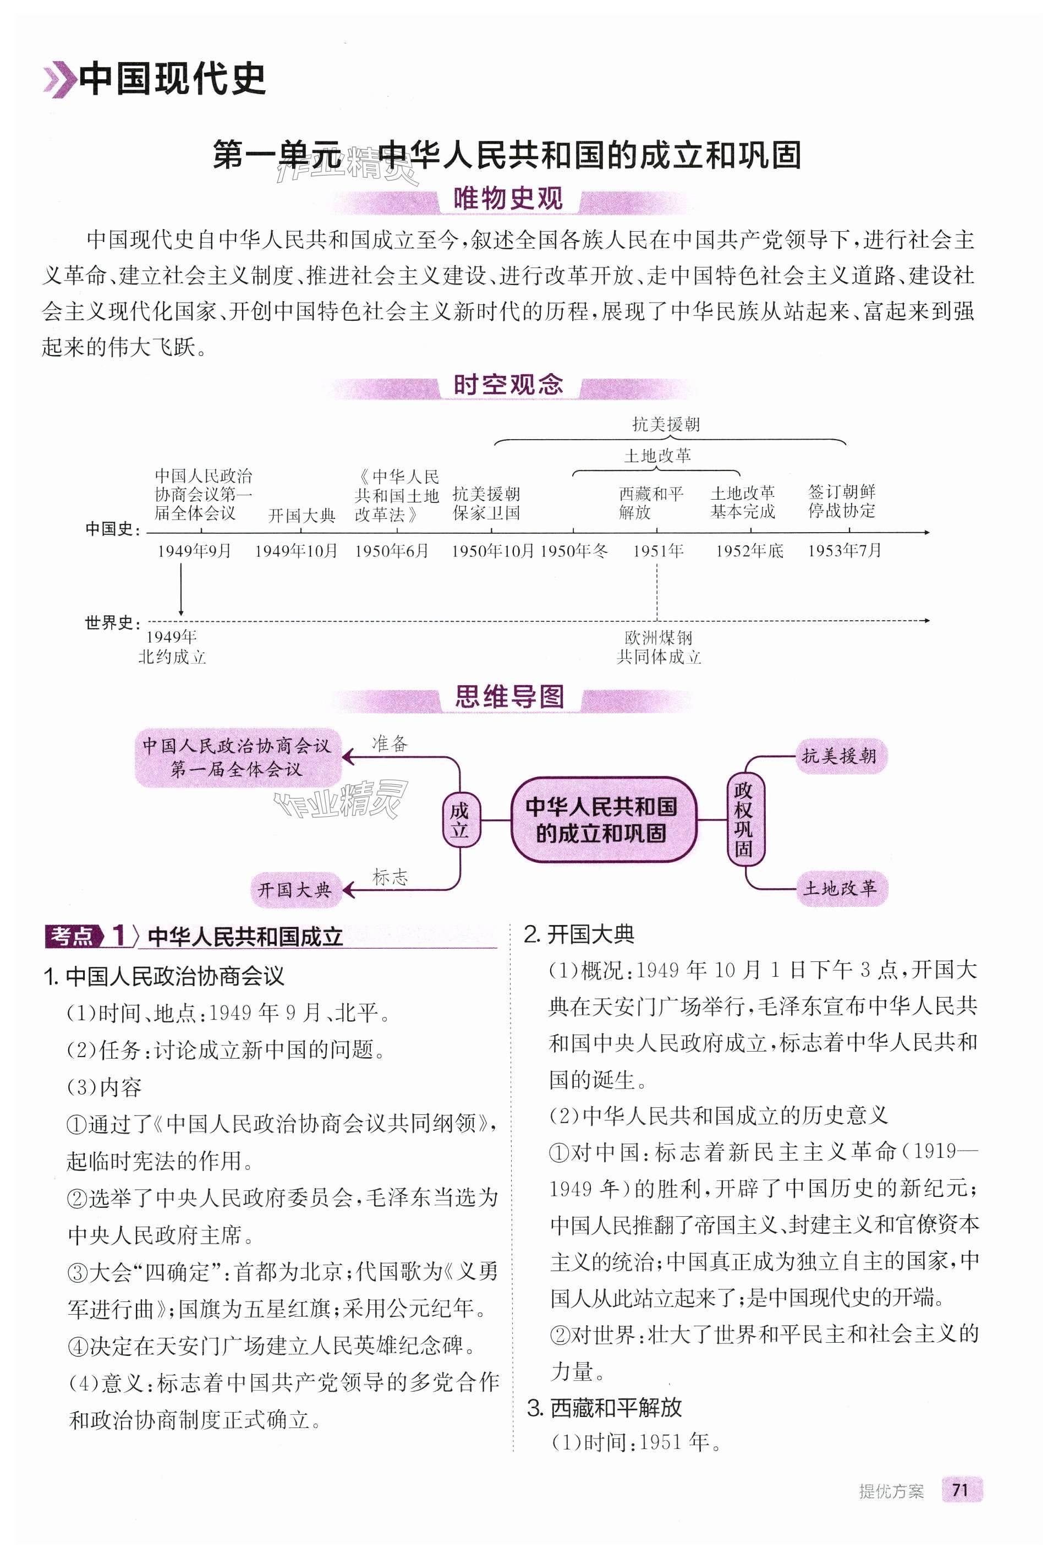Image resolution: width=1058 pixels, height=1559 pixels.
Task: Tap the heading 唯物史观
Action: (508, 199)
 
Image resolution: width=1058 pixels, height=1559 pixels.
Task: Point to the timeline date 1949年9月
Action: (194, 551)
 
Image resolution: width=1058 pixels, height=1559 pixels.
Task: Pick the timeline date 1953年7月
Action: (844, 551)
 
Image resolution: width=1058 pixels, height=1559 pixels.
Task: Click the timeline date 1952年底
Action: (749, 551)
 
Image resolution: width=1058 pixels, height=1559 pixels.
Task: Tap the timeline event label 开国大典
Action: (301, 515)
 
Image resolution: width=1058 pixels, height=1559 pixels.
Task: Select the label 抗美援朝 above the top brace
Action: (666, 424)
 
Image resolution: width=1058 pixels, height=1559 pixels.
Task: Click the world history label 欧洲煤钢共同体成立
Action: (658, 647)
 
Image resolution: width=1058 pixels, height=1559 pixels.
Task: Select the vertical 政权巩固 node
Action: (743, 820)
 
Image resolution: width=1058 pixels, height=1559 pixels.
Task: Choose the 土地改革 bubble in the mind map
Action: (840, 888)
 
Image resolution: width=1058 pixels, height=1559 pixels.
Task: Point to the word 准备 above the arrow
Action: (390, 743)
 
